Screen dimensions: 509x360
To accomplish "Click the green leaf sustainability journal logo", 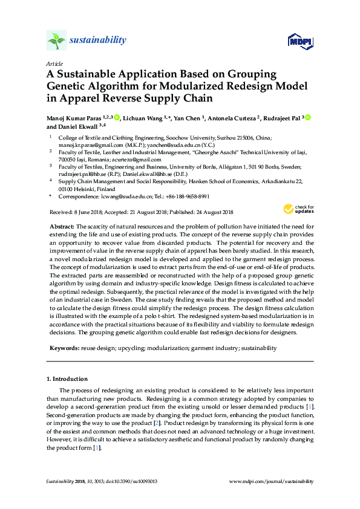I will pos(57,41).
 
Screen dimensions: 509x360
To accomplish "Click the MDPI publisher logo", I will pos(300,42).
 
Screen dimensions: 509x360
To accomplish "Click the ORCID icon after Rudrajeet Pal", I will pos(307,117).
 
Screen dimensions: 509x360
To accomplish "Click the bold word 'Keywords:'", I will pos(64,348).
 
